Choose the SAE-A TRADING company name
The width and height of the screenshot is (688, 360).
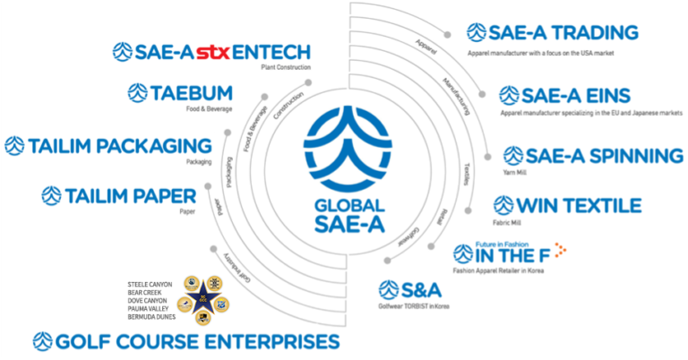coord(563,33)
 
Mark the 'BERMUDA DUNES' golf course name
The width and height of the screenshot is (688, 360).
coord(154,319)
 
